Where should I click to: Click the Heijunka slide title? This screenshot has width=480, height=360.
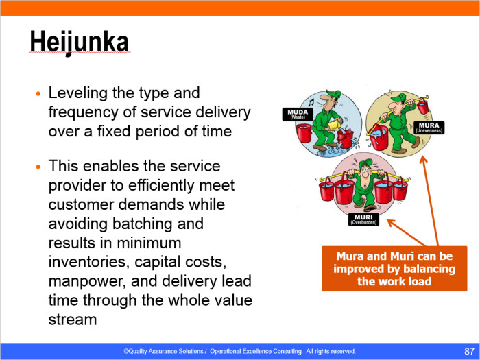(80, 42)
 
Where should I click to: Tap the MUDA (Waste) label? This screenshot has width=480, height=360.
(298, 115)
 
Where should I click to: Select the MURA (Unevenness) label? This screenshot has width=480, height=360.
(429, 128)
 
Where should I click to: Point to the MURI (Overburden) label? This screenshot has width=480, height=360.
(363, 219)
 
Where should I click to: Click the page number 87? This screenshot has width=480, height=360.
(469, 351)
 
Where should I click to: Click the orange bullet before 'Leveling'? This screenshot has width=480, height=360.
(38, 93)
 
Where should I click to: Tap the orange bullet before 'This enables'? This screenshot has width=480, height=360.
(38, 167)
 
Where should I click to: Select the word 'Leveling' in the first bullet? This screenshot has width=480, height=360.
(77, 93)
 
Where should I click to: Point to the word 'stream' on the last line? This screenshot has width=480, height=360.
(73, 320)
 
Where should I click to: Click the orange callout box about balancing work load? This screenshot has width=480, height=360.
(394, 269)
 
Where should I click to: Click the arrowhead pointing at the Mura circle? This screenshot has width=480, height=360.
(423, 159)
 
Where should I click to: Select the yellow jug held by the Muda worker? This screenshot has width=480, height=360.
(333, 125)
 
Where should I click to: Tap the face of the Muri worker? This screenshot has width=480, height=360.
(365, 172)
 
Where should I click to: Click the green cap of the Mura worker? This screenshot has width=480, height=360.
(398, 98)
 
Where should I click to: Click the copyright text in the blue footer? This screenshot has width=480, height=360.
(239, 351)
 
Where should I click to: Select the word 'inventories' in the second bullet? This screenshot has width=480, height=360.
(88, 262)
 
